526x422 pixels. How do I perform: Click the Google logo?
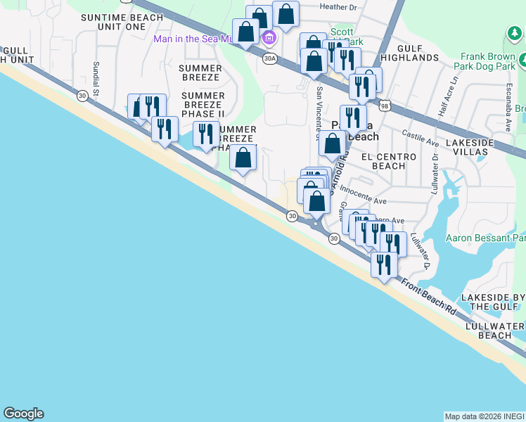pyautogui.click(x=23, y=414)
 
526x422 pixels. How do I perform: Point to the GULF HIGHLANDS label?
pyautogui.click(x=418, y=52)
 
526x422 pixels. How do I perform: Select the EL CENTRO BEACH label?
pyautogui.click(x=383, y=162)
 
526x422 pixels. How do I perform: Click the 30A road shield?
pyautogui.click(x=269, y=58)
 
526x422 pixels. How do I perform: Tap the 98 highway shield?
pyautogui.click(x=384, y=105)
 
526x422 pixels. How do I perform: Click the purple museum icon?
pyautogui.click(x=268, y=37)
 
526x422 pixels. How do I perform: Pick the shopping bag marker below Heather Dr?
pyautogui.click(x=286, y=13)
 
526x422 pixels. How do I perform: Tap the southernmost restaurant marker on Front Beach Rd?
pyautogui.click(x=384, y=264)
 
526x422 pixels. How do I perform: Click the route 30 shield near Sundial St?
pyautogui.click(x=82, y=96)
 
